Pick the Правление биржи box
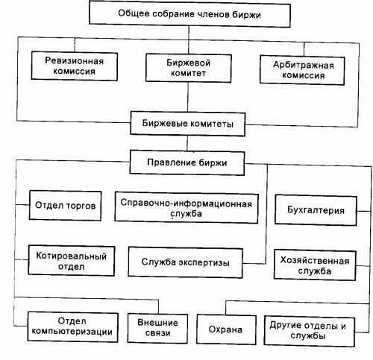point(187,161)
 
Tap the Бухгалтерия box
point(315,209)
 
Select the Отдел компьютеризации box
point(71,326)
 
